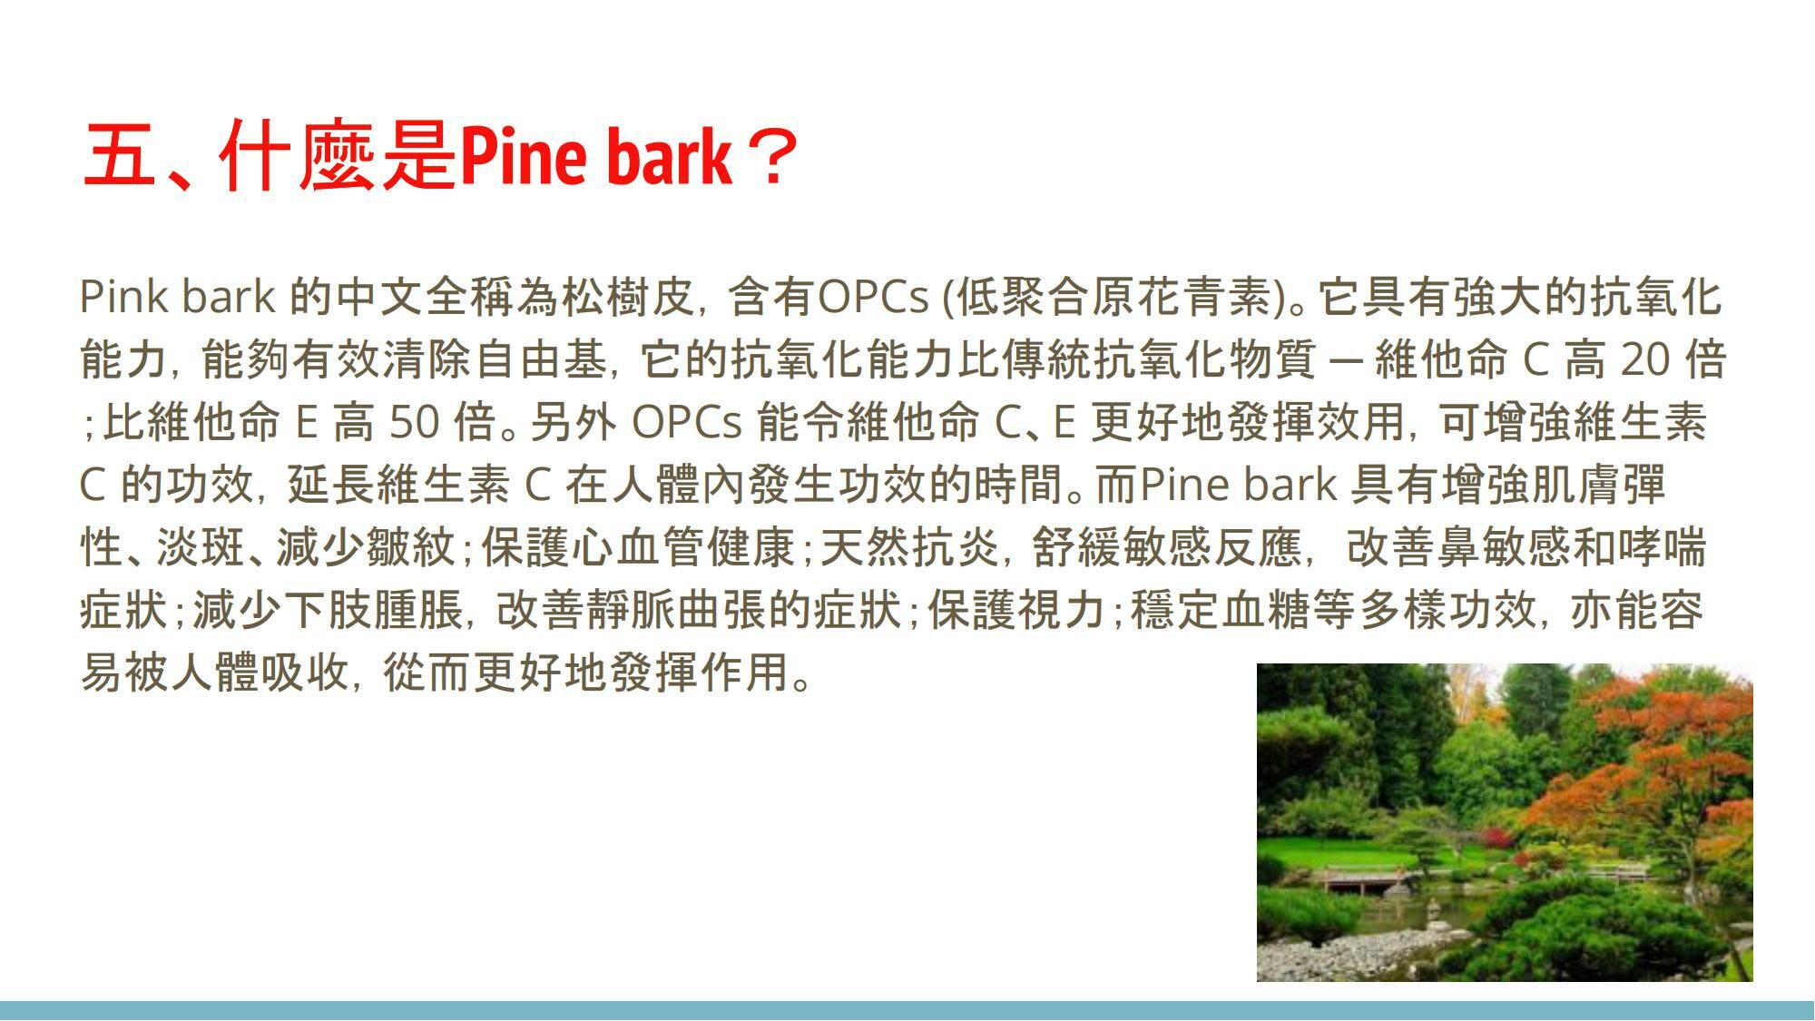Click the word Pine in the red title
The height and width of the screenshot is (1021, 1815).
point(525,156)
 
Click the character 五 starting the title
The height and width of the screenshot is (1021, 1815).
point(119,156)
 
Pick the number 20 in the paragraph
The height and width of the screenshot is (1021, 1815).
point(1645,359)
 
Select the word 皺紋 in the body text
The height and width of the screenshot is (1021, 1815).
point(410,547)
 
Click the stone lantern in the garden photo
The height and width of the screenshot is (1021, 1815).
point(1432,911)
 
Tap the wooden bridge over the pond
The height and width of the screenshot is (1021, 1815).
point(1361,878)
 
